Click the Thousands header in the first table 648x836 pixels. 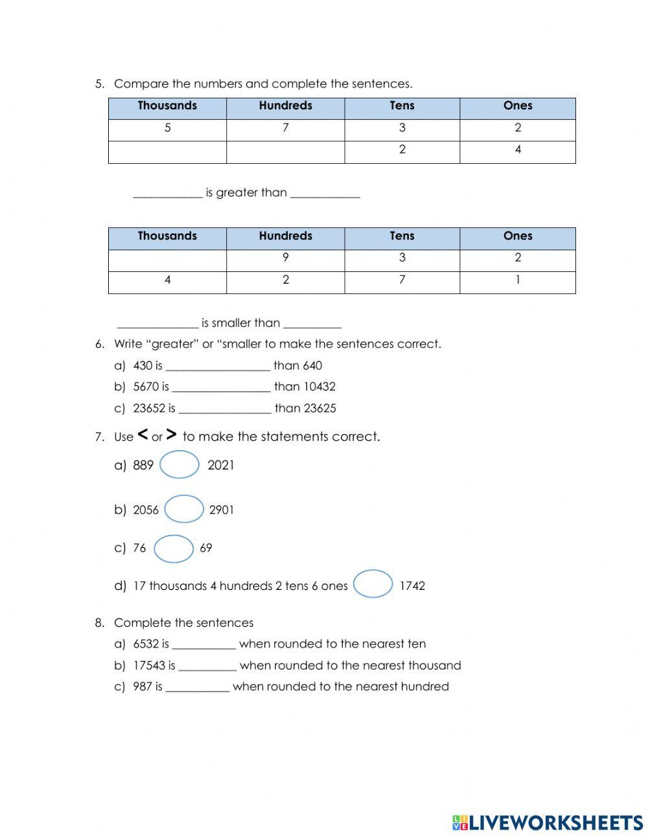click(x=167, y=106)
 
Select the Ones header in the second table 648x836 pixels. click(x=518, y=236)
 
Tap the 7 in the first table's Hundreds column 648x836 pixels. click(x=285, y=128)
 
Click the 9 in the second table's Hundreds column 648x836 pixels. click(x=285, y=258)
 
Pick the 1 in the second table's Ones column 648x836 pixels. click(x=518, y=280)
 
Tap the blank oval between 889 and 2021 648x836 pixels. click(x=179, y=465)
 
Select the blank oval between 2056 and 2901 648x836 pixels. click(x=184, y=510)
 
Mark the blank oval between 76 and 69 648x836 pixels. click(x=174, y=548)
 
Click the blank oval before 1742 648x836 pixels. click(x=374, y=584)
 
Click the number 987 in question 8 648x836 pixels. click(x=143, y=687)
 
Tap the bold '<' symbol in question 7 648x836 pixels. click(x=143, y=435)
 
